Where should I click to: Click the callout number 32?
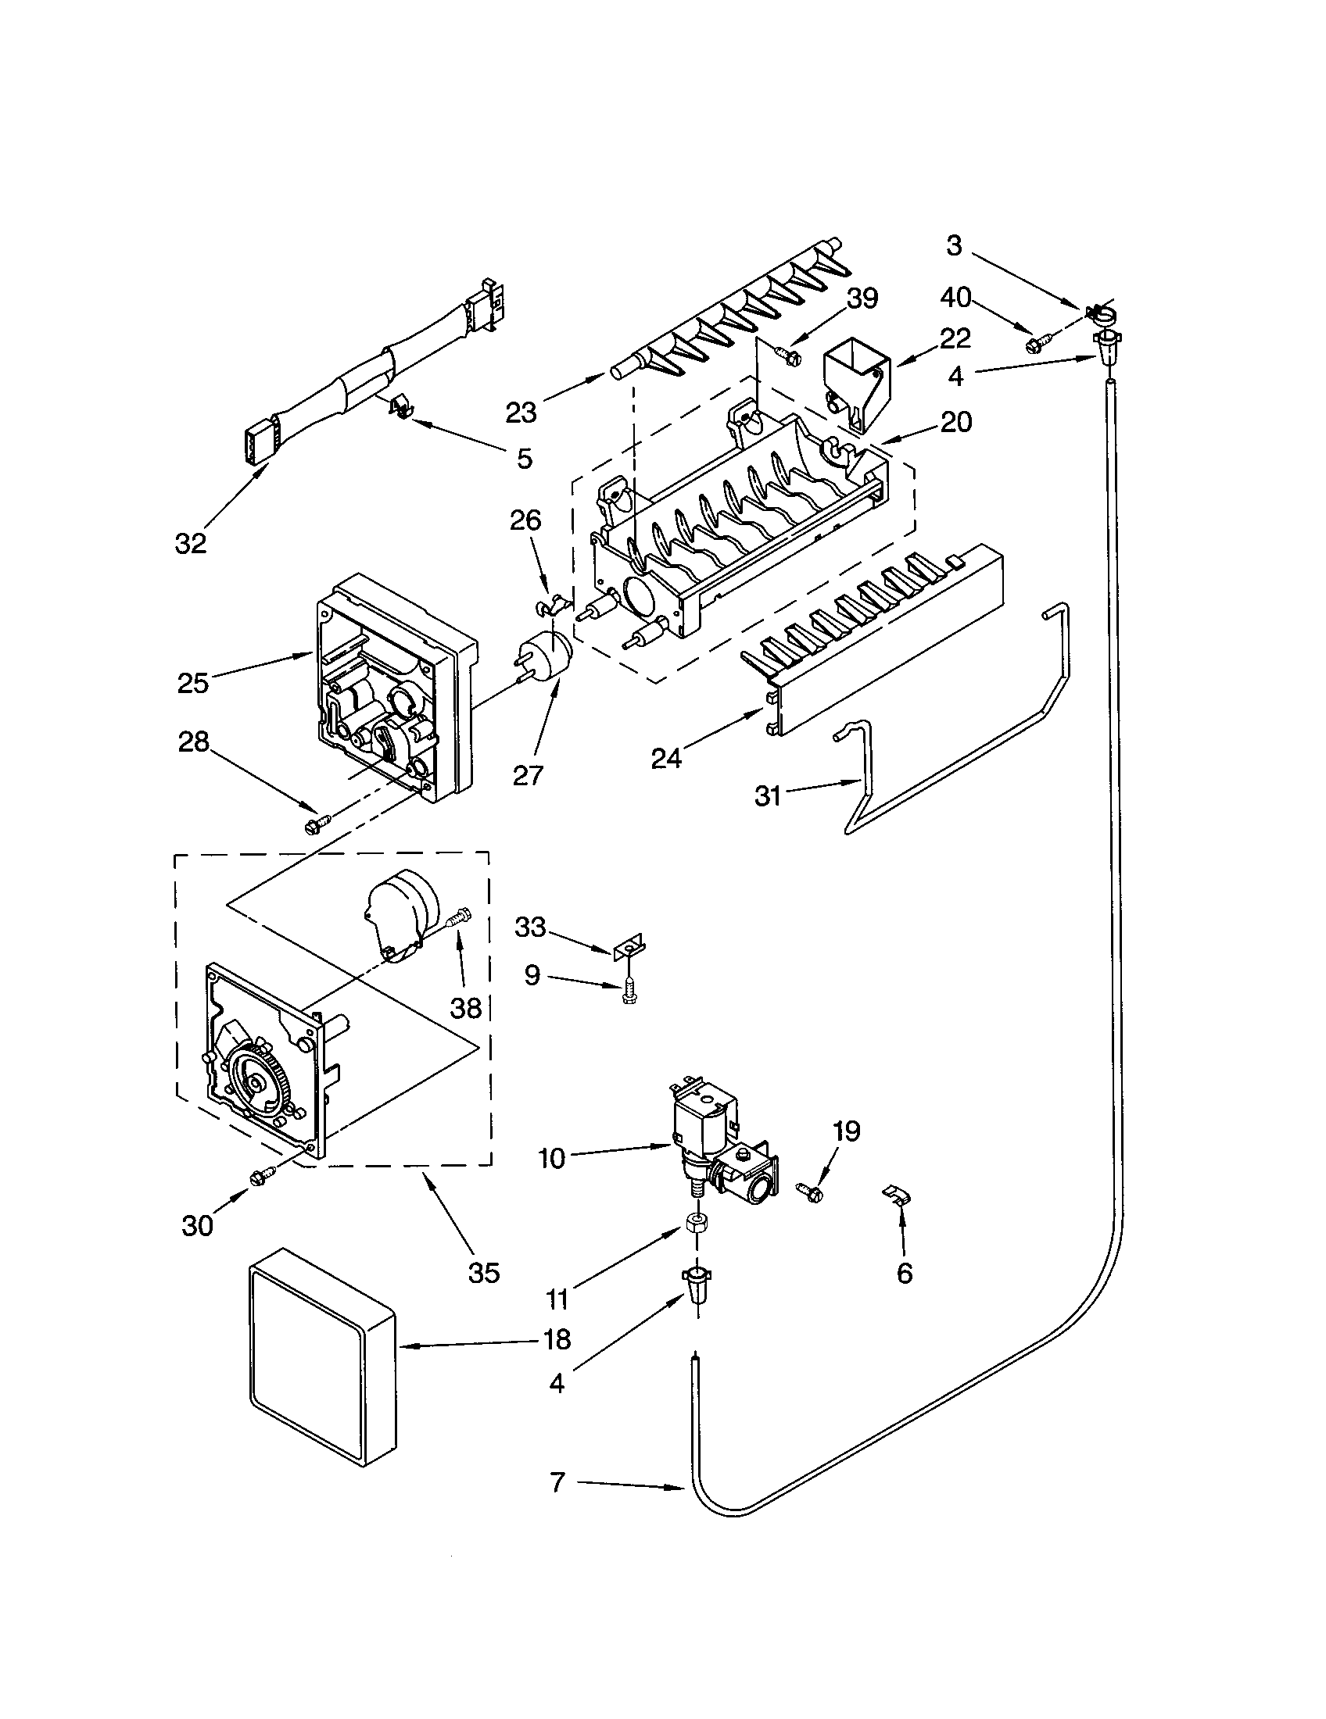tap(191, 543)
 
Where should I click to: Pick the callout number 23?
tap(521, 412)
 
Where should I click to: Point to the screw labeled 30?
tap(260, 1177)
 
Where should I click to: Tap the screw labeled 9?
tap(628, 990)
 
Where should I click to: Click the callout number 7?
tap(557, 1482)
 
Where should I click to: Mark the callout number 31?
tap(768, 795)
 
